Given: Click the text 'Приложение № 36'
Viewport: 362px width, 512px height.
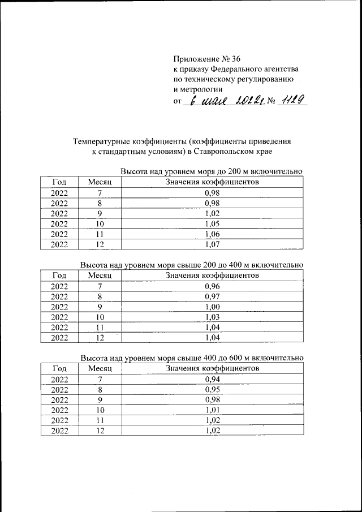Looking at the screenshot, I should pyautogui.click(x=206, y=58).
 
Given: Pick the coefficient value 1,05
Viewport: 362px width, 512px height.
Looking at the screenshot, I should pyautogui.click(x=212, y=223).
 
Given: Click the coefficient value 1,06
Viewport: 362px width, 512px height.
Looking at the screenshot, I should pyautogui.click(x=212, y=234).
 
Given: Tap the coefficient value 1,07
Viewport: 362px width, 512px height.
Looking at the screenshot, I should pyautogui.click(x=212, y=244).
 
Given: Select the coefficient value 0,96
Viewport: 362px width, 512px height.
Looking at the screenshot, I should pyautogui.click(x=212, y=286).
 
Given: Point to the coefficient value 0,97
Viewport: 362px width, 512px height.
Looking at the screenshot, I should pyautogui.click(x=212, y=296).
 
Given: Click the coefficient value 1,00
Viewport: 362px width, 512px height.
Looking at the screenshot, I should pyautogui.click(x=212, y=307).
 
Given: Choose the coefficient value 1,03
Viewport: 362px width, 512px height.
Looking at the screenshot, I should pyautogui.click(x=212, y=317).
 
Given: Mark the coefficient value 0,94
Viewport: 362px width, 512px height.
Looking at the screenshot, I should pyautogui.click(x=212, y=379).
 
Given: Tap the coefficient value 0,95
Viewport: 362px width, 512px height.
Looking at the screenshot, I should pyautogui.click(x=212, y=390).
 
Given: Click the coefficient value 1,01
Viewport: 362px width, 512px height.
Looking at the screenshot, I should pyautogui.click(x=212, y=410).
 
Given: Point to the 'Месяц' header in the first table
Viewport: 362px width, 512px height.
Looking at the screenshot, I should pyautogui.click(x=100, y=182).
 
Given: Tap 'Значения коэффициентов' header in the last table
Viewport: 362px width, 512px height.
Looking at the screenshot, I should pyautogui.click(x=212, y=369).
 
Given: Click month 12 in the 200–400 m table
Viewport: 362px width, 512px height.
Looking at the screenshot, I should pyautogui.click(x=100, y=338).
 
